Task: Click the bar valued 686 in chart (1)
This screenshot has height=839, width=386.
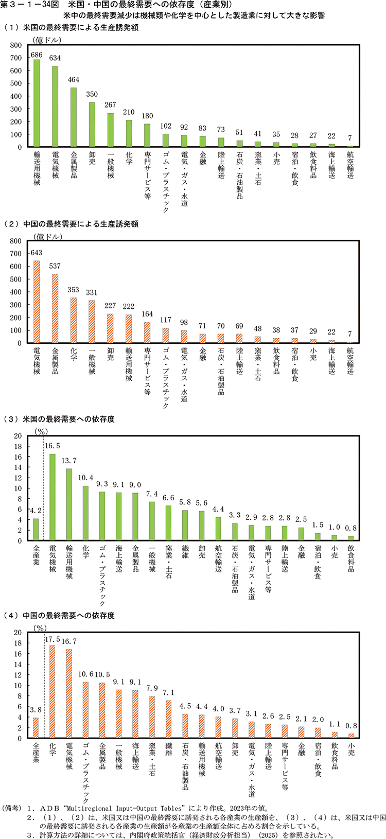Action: click(37, 103)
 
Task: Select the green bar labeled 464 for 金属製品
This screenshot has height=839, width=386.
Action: click(74, 117)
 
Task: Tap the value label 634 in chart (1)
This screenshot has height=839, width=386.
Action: click(55, 58)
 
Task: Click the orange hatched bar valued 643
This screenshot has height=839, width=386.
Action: click(37, 302)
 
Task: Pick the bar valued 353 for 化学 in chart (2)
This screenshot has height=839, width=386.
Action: click(74, 320)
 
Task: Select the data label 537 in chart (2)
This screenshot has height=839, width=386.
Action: click(55, 266)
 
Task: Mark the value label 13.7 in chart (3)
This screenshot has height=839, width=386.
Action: click(69, 461)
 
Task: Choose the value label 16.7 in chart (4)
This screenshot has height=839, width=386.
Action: click(69, 641)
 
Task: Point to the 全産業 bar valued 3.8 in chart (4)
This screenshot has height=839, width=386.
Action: click(36, 728)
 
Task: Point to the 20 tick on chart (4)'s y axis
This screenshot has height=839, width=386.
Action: click(17, 632)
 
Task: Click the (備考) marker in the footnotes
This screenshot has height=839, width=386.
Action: click(11, 808)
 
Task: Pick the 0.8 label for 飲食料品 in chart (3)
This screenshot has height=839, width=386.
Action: click(351, 528)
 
